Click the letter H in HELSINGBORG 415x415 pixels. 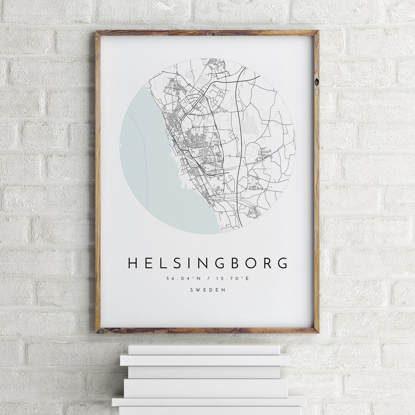pyautogui.click(x=133, y=263)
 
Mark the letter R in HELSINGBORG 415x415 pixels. pyautogui.click(x=267, y=263)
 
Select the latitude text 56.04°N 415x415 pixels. pyautogui.click(x=183, y=279)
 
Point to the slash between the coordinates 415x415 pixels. pyautogui.click(x=208, y=279)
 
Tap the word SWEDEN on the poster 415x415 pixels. pyautogui.click(x=207, y=290)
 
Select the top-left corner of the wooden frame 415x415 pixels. pyautogui.click(x=98, y=32)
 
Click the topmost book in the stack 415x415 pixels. pyautogui.click(x=204, y=350)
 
